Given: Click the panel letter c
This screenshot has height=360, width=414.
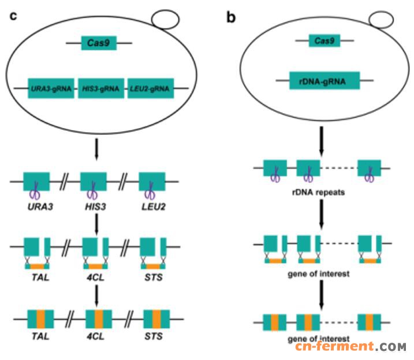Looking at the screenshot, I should tap(13, 16).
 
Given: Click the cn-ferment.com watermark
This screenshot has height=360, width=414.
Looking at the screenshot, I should tap(351, 347).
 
